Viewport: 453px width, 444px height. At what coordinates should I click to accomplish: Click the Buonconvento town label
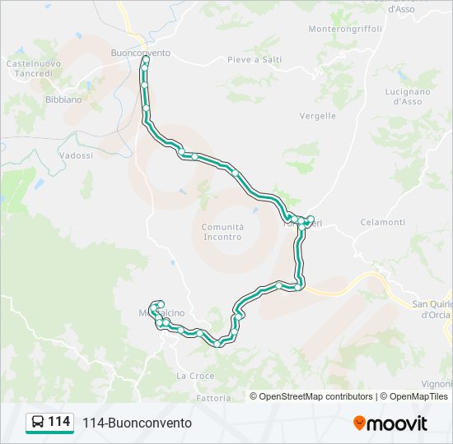pyautogui.click(x=140, y=53)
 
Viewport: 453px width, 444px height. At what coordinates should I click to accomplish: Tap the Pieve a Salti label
pyautogui.click(x=255, y=60)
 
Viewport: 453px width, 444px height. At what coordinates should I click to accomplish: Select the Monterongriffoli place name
pyautogui.click(x=345, y=29)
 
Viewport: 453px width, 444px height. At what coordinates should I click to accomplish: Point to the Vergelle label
pyautogui.click(x=318, y=116)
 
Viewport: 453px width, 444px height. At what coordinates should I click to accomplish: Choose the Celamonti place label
pyautogui.click(x=383, y=223)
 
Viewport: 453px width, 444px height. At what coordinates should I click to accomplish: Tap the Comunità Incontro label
pyautogui.click(x=222, y=232)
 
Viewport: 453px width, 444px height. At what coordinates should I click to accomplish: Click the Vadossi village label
pyautogui.click(x=76, y=155)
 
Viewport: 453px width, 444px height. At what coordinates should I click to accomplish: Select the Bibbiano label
pyautogui.click(x=63, y=99)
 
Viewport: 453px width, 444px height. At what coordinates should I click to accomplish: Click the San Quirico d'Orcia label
pyautogui.click(x=432, y=309)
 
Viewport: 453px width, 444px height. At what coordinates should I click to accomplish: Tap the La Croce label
pyautogui.click(x=195, y=376)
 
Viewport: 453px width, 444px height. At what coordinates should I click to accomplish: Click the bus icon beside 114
pyautogui.click(x=38, y=423)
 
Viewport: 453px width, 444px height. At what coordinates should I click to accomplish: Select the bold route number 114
pyautogui.click(x=59, y=422)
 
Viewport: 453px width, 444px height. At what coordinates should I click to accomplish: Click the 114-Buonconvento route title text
pyautogui.click(x=137, y=423)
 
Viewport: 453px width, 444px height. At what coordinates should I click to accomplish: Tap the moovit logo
pyautogui.click(x=390, y=423)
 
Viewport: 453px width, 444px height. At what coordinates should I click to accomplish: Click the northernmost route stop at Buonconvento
pyautogui.click(x=146, y=60)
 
